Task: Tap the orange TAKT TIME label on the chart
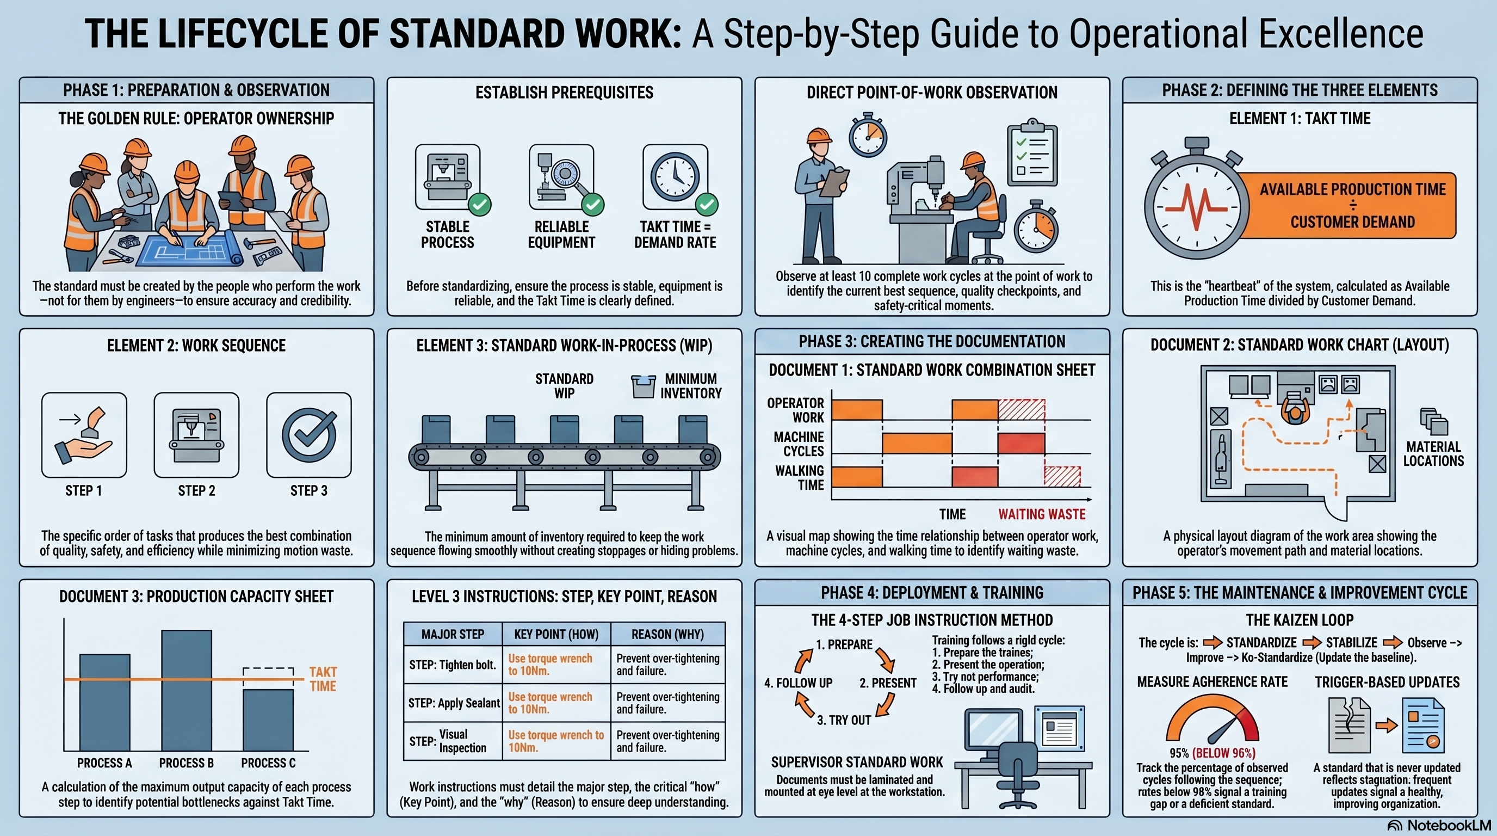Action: point(323,679)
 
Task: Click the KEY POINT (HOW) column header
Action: point(555,634)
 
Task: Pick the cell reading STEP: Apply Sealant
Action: point(453,703)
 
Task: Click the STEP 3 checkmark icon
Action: point(308,435)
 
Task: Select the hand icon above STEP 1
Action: point(84,435)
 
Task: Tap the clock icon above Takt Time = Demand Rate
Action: point(675,177)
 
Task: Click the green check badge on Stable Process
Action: point(479,204)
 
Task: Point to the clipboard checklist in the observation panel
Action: point(1031,153)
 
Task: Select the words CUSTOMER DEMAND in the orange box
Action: point(1352,222)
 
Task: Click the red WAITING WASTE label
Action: point(1041,514)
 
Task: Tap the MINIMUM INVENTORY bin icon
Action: point(643,386)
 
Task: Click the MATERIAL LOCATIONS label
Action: point(1433,453)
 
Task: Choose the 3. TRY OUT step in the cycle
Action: point(844,720)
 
